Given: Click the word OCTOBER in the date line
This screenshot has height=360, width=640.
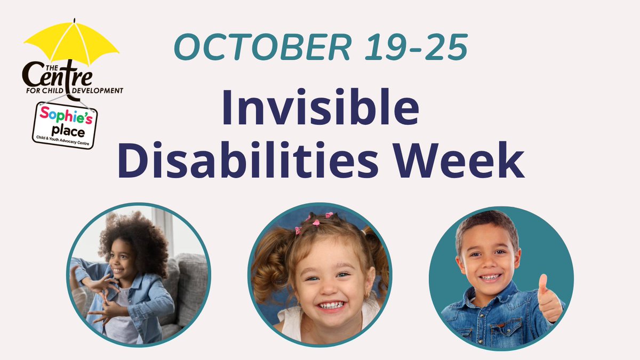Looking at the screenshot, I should click(x=264, y=47).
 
